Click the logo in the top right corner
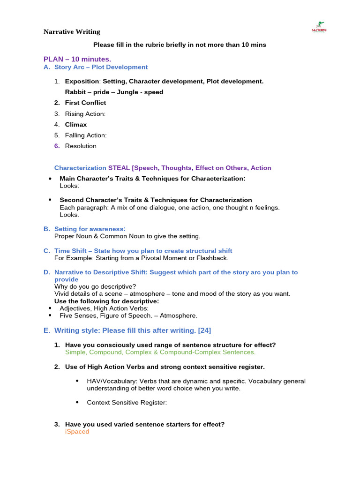pyautogui.click(x=319, y=27)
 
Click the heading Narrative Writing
pyautogui.click(x=72, y=32)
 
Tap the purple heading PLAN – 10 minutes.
pyautogui.click(x=77, y=59)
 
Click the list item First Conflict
pyautogui.click(x=85, y=103)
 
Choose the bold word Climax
pyautogui.click(x=76, y=125)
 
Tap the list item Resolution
pyautogui.click(x=81, y=146)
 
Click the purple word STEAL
pyautogui.click(x=119, y=168)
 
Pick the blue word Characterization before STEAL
pyautogui.click(x=80, y=168)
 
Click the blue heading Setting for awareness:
pyautogui.click(x=90, y=229)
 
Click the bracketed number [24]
pyautogui.click(x=204, y=330)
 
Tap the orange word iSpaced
pyautogui.click(x=77, y=432)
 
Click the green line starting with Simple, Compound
pyautogui.click(x=160, y=352)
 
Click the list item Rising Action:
pyautogui.click(x=85, y=114)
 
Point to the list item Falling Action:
pyautogui.click(x=86, y=135)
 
